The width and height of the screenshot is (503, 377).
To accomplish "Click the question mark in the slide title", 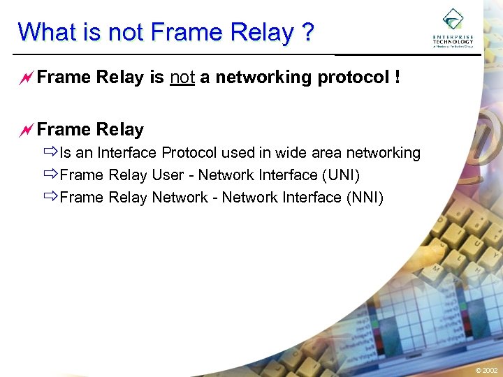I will click(x=307, y=32).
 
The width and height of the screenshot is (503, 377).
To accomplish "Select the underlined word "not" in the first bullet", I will click(x=182, y=77).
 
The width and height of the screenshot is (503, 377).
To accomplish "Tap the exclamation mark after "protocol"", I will click(x=397, y=77).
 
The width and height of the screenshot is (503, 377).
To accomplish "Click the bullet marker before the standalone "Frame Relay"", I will click(x=27, y=130).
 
